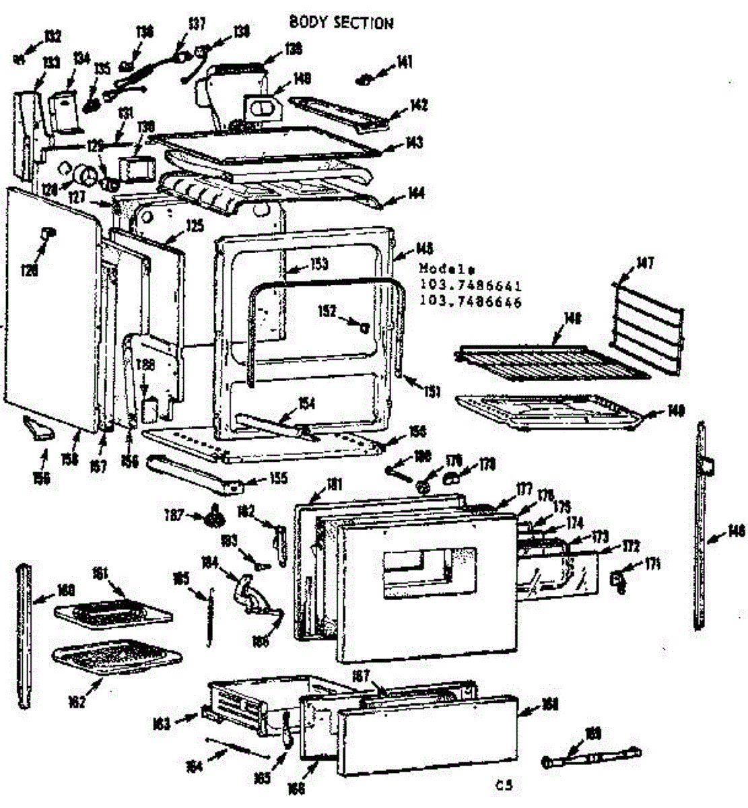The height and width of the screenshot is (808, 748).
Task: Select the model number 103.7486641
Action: click(x=471, y=285)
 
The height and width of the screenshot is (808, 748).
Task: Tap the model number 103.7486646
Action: click(x=471, y=302)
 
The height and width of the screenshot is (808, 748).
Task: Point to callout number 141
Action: click(x=405, y=63)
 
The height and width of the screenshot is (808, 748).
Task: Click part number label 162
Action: click(x=77, y=702)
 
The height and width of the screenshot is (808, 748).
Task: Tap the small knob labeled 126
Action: click(x=47, y=232)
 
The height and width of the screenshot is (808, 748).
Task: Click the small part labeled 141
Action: click(x=365, y=79)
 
